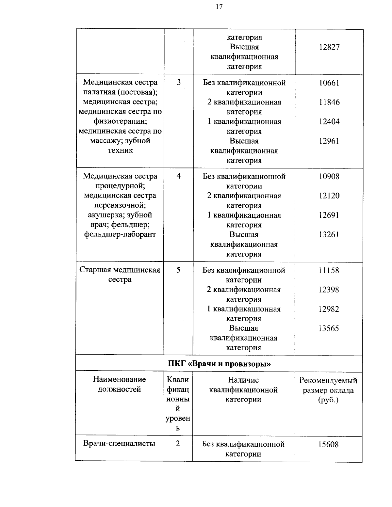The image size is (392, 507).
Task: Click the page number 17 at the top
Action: click(x=219, y=7)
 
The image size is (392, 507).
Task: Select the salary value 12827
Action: click(x=329, y=47)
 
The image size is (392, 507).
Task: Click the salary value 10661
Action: click(x=329, y=83)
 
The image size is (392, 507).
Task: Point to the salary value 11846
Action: click(x=329, y=103)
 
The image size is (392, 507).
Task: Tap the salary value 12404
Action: click(x=329, y=122)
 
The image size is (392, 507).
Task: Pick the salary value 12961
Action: click(x=329, y=141)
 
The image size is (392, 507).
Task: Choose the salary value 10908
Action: click(x=329, y=177)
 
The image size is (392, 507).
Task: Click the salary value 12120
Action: click(x=329, y=196)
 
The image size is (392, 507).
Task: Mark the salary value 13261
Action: click(x=329, y=235)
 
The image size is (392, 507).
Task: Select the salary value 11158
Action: click(x=329, y=271)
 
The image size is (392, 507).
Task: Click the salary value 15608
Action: click(x=328, y=445)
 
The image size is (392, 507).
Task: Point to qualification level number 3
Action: click(x=179, y=83)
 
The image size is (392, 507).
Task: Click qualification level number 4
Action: click(x=178, y=176)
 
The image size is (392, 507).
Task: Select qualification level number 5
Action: click(x=178, y=270)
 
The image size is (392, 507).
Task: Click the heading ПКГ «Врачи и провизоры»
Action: click(x=219, y=364)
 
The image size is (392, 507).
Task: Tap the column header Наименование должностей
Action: click(x=119, y=384)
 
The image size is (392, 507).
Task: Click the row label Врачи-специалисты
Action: click(x=119, y=444)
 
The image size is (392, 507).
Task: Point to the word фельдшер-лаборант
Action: click(x=120, y=234)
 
